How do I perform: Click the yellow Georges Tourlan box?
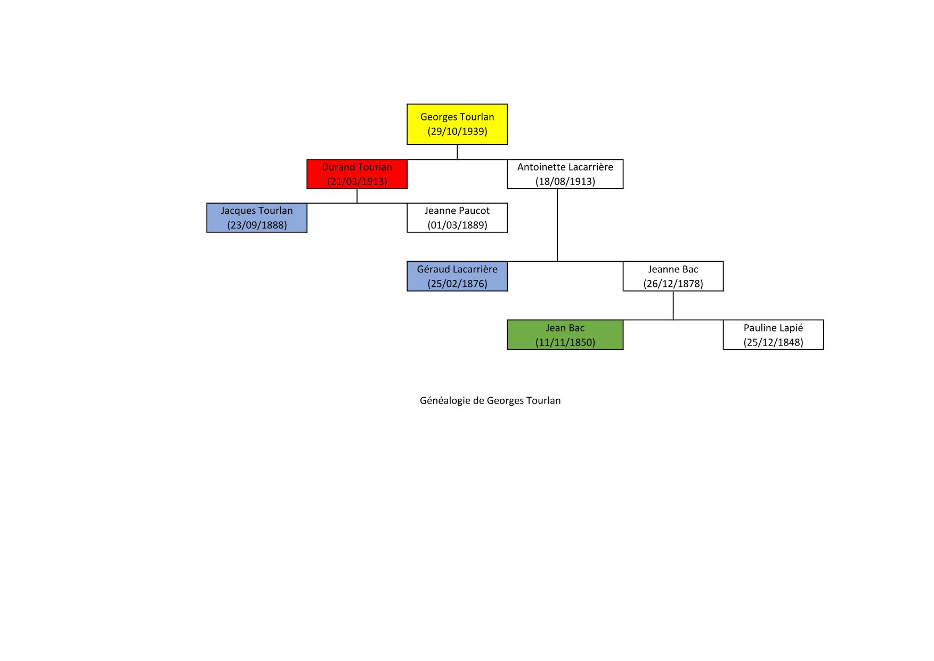pyautogui.click(x=457, y=124)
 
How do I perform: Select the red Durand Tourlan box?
pyautogui.click(x=356, y=174)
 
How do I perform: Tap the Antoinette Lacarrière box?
pyautogui.click(x=565, y=174)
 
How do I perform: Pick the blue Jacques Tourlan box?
pyautogui.click(x=256, y=217)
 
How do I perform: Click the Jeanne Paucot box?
pyautogui.click(x=457, y=217)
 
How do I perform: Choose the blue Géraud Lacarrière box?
pyautogui.click(x=457, y=276)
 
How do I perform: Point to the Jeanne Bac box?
pyautogui.click(x=673, y=276)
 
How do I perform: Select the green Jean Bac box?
pyautogui.click(x=565, y=335)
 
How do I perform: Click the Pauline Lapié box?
pyautogui.click(x=773, y=335)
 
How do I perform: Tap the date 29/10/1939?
pyautogui.click(x=457, y=132)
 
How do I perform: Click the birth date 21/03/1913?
pyautogui.click(x=357, y=182)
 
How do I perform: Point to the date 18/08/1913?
pyautogui.click(x=565, y=182)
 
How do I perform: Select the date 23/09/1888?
pyautogui.click(x=257, y=225)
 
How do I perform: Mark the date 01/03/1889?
pyautogui.click(x=457, y=225)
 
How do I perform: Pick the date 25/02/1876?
pyautogui.click(x=457, y=284)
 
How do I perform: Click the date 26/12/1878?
pyautogui.click(x=673, y=284)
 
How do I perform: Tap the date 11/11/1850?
pyautogui.click(x=565, y=343)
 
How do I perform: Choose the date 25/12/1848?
pyautogui.click(x=773, y=343)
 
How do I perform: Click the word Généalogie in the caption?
pyautogui.click(x=444, y=401)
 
